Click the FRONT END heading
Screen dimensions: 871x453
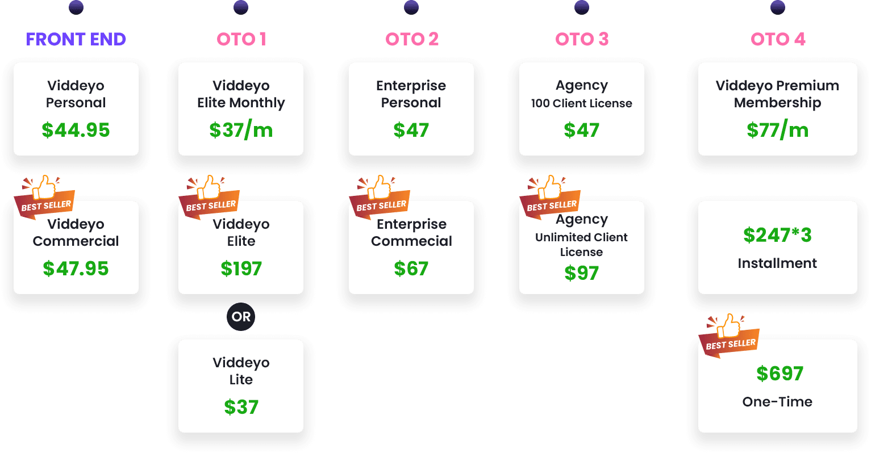pyautogui.click(x=76, y=39)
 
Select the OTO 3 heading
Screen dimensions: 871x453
pyautogui.click(x=581, y=39)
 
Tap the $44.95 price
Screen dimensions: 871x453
pyautogui.click(x=76, y=130)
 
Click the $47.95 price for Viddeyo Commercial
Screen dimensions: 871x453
pyautogui.click(x=76, y=269)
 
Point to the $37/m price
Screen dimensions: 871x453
pyautogui.click(x=241, y=130)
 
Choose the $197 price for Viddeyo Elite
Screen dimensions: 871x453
pyautogui.click(x=241, y=269)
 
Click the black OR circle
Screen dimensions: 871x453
pyautogui.click(x=241, y=317)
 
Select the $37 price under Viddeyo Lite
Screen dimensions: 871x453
pyautogui.click(x=241, y=407)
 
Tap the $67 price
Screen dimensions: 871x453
pyautogui.click(x=411, y=269)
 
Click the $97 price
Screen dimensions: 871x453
pyautogui.click(x=581, y=273)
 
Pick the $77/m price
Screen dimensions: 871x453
pyautogui.click(x=777, y=130)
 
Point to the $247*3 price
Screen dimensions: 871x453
pyautogui.click(x=777, y=234)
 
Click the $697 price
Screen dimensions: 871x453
pyautogui.click(x=780, y=374)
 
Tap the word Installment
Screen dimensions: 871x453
pyautogui.click(x=777, y=263)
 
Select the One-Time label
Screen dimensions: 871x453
pyautogui.click(x=777, y=402)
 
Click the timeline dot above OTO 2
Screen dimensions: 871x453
pyautogui.click(x=411, y=7)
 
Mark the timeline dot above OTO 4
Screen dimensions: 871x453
pyautogui.click(x=778, y=7)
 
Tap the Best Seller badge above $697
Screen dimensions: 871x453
pyautogui.click(x=730, y=337)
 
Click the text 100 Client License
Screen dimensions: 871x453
pyautogui.click(x=581, y=103)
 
